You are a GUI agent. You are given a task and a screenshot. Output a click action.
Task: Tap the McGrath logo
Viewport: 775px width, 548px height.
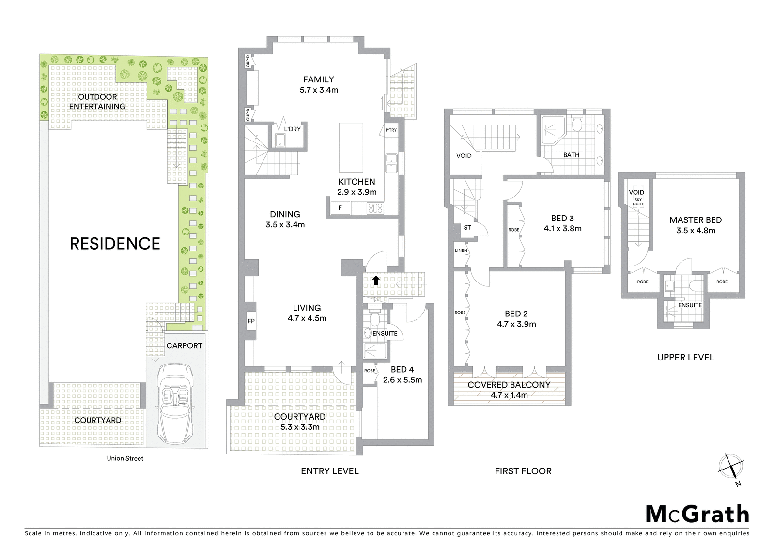coord(697,515)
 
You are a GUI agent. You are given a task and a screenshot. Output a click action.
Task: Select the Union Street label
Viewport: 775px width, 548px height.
coord(125,458)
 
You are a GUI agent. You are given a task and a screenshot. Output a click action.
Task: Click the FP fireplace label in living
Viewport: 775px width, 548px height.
coord(251,321)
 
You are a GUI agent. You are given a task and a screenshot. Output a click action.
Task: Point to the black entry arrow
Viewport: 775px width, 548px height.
coord(375,280)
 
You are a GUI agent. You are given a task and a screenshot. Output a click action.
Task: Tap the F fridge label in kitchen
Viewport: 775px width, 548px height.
coord(341,208)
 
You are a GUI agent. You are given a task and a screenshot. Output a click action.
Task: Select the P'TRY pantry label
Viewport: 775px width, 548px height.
coord(391,130)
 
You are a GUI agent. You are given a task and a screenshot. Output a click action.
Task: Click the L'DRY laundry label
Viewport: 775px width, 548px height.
coord(292,129)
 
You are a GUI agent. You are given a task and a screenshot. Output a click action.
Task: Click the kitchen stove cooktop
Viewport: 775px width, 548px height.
coord(375,208)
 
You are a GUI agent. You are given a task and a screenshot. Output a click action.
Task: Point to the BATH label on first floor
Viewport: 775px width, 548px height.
coord(571,155)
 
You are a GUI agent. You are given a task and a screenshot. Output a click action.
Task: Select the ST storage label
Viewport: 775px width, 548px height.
coord(467,227)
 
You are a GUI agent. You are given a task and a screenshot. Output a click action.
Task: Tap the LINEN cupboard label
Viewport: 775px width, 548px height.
coord(461,251)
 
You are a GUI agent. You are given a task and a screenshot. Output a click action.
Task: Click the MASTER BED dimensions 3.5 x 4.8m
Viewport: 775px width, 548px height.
coord(696,231)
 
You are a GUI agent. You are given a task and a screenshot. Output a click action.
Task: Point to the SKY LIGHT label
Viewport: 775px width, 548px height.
coord(638,202)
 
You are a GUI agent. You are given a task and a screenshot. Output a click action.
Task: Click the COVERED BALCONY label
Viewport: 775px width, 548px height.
coord(509,385)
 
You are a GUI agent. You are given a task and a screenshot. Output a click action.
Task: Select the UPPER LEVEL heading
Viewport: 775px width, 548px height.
coord(685,358)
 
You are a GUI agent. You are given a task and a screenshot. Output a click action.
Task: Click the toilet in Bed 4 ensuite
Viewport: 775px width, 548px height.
coord(373,320)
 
